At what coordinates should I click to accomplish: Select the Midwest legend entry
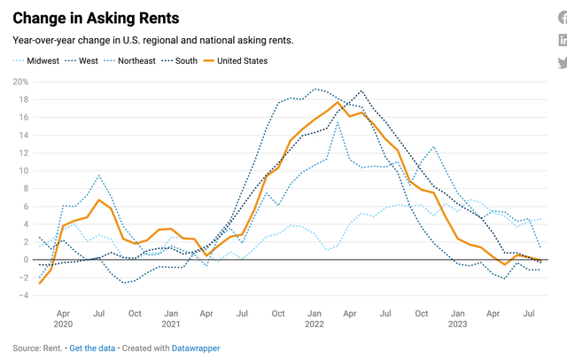[x=43, y=61]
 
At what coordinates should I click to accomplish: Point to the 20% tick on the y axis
[x=19, y=82]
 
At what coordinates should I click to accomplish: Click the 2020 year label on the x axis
[x=63, y=324]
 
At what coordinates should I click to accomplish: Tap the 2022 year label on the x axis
[x=315, y=324]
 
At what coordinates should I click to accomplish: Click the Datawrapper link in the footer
[x=196, y=348]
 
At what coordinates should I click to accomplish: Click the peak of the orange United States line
[x=338, y=103]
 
